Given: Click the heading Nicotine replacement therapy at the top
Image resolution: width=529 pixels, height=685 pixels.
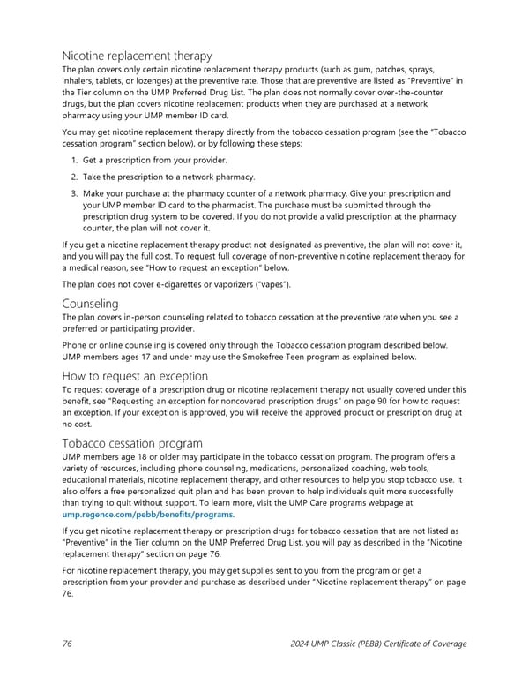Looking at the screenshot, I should click(137, 56).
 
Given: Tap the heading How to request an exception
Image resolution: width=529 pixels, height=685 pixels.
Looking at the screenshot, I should click(134, 376).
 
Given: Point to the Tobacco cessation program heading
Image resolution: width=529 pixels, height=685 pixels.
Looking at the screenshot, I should click(132, 443).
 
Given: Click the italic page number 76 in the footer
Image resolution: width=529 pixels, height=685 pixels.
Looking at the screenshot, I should click(68, 644).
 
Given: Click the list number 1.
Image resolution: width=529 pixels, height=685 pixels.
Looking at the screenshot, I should click(74, 160).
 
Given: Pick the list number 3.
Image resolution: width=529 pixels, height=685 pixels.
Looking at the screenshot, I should click(74, 193).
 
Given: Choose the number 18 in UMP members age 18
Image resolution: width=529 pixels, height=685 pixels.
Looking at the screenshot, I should click(135, 456).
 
